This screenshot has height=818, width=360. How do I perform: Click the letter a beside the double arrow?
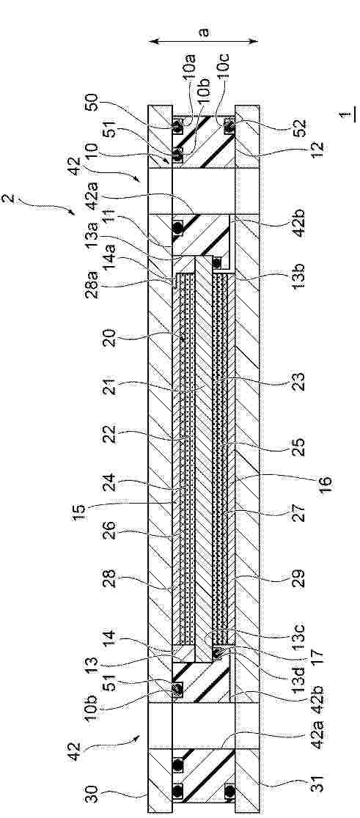click(205, 32)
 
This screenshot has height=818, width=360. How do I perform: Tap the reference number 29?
click(299, 578)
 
